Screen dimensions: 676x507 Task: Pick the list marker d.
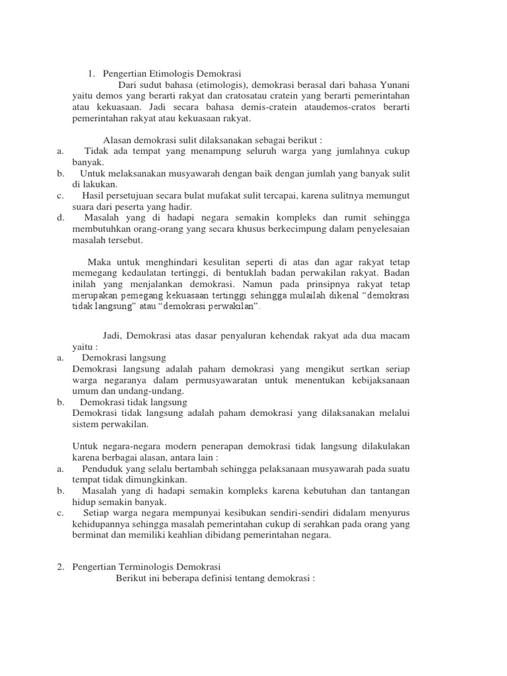click(x=60, y=217)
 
